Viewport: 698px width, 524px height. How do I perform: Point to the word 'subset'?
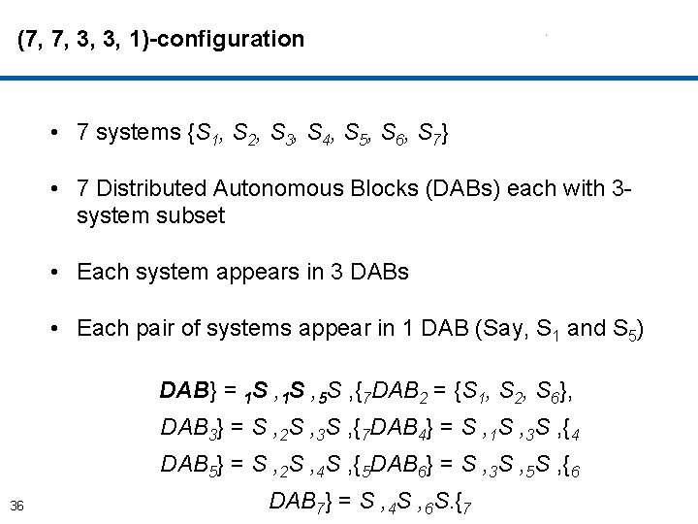click(191, 214)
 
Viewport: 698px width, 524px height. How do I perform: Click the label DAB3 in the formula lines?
click(191, 426)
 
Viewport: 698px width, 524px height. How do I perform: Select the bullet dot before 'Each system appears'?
click(60, 273)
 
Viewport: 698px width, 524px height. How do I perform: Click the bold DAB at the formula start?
click(184, 391)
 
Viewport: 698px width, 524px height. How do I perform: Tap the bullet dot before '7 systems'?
click(60, 133)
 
